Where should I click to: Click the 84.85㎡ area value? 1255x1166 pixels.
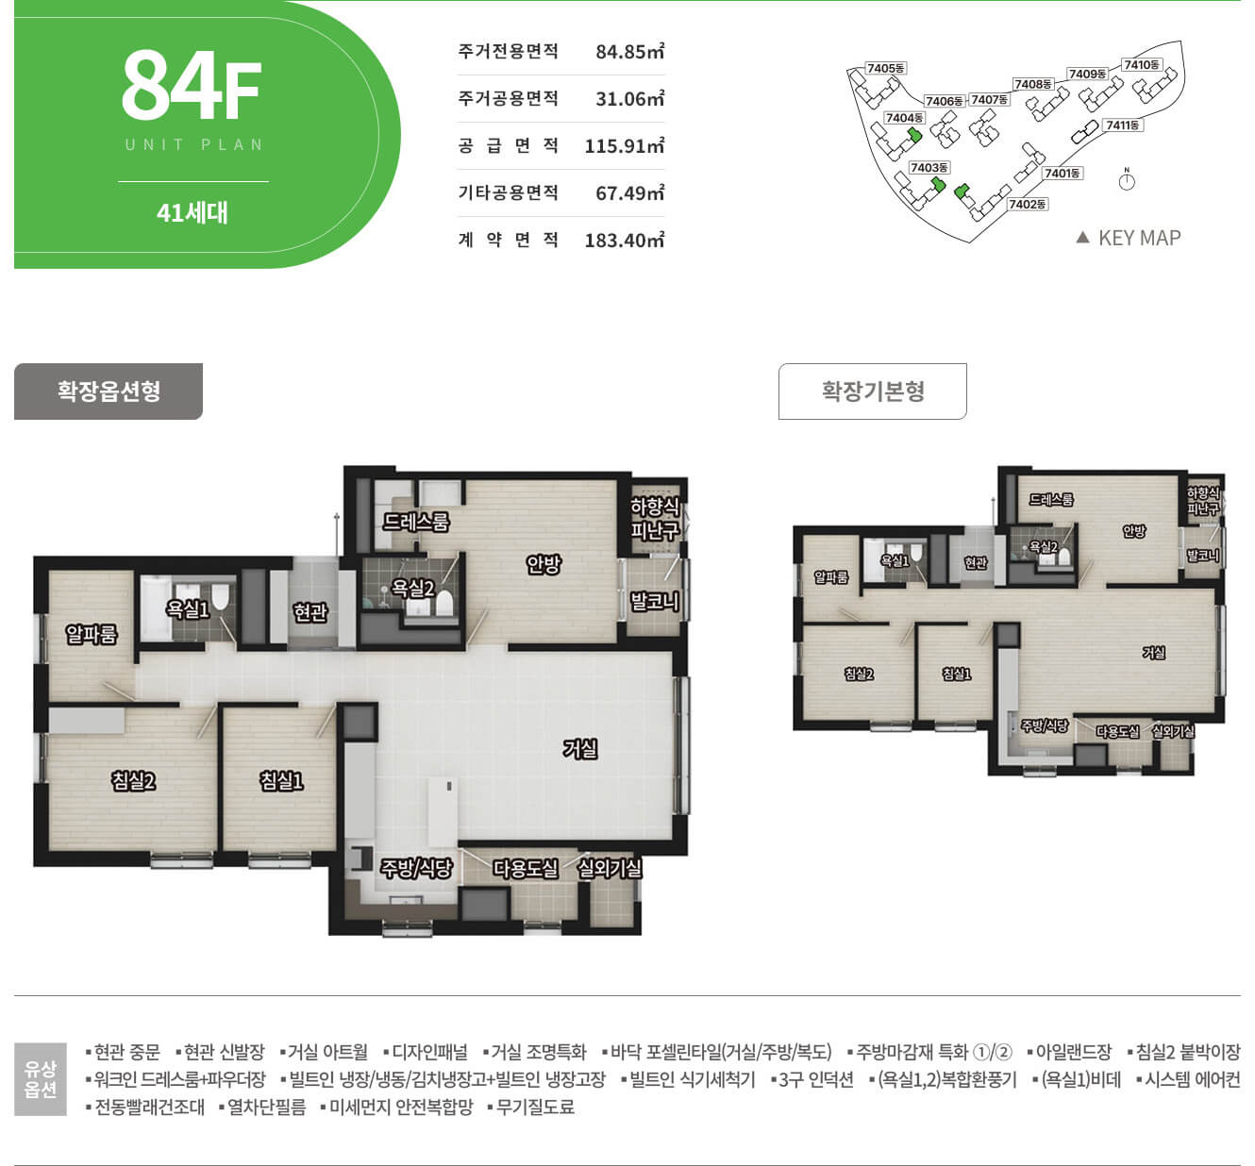[x=629, y=51]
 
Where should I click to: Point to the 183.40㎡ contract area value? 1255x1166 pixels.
[x=624, y=241]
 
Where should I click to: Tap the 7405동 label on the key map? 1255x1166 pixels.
[x=885, y=68]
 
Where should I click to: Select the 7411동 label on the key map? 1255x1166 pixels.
[x=1122, y=125]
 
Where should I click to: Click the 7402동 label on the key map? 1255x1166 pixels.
[x=1028, y=204]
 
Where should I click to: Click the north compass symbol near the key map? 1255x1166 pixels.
[x=1127, y=180]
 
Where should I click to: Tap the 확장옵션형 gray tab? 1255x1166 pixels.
[x=109, y=391]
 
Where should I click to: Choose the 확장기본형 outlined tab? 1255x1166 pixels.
[x=872, y=391]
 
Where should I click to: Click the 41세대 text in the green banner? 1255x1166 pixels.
[x=192, y=213]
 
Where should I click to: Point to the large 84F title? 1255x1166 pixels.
[x=192, y=85]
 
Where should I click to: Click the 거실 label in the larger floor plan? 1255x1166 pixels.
[x=580, y=749]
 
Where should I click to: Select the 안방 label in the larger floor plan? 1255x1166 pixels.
[x=544, y=563]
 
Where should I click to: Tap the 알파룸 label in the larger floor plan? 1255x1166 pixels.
[x=92, y=634]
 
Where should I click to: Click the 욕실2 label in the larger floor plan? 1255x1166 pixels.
[x=412, y=589]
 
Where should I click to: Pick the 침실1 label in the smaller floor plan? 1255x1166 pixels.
[x=956, y=674]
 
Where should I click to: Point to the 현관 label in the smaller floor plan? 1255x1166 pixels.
[x=976, y=562]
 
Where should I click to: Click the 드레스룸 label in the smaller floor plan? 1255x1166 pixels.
[x=1051, y=499]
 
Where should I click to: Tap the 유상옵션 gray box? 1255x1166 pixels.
[x=41, y=1079]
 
